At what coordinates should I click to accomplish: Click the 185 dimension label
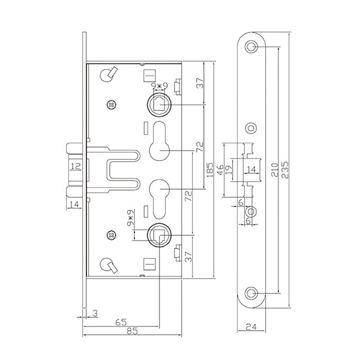(210, 170)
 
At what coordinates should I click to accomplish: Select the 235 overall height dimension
(285, 170)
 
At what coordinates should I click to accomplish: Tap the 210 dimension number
(275, 170)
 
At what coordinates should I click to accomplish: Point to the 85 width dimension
(132, 331)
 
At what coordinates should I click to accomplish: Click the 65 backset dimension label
(121, 322)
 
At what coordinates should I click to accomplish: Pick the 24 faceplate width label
(251, 326)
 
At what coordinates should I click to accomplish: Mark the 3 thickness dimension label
(95, 313)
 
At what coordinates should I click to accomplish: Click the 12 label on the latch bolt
(76, 166)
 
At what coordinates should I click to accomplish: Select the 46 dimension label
(220, 170)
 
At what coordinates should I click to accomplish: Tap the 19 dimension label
(229, 170)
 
